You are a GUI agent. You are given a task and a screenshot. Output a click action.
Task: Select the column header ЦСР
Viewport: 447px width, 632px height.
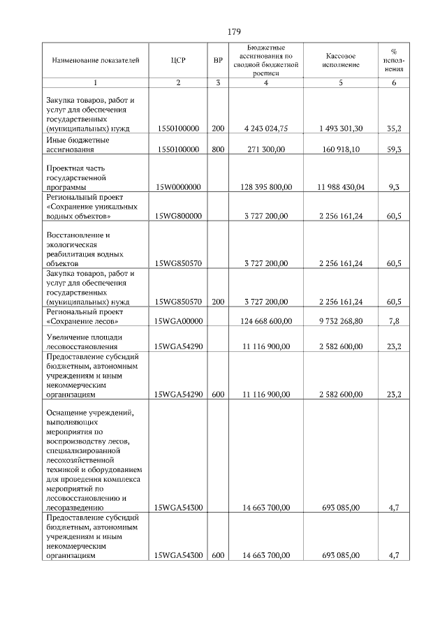(x=178, y=60)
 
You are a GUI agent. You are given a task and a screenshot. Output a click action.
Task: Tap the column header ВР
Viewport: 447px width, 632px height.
(x=218, y=60)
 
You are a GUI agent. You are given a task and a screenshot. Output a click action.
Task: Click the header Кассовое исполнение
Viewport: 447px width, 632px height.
(x=341, y=60)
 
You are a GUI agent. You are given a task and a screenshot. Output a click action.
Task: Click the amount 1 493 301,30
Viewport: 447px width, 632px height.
(x=341, y=128)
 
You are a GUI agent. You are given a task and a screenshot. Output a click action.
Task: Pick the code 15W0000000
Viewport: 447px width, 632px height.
(x=178, y=187)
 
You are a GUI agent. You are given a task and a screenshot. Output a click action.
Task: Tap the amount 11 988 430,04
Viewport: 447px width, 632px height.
(x=341, y=187)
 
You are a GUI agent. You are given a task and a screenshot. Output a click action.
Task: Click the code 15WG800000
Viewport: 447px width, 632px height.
(x=178, y=216)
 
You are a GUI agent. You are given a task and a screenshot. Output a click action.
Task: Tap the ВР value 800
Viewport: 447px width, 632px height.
(x=218, y=149)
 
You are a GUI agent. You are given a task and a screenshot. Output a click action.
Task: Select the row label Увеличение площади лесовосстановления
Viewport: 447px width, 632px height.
(x=85, y=341)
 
